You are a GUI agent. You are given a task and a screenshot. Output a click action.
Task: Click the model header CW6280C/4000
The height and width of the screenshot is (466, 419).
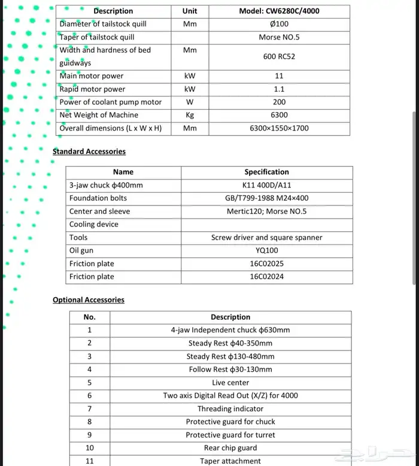[x=278, y=11]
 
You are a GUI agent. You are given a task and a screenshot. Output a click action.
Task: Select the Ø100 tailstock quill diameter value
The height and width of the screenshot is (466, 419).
[x=279, y=24]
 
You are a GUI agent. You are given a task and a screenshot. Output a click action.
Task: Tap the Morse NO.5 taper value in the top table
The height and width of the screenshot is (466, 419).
[x=279, y=37]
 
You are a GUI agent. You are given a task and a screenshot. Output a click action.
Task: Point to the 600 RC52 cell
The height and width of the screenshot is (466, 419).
[x=279, y=57]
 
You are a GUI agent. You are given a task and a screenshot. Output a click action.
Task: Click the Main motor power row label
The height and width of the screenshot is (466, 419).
[x=92, y=76]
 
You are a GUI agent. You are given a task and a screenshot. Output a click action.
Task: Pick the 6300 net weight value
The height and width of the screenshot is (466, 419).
[x=279, y=115]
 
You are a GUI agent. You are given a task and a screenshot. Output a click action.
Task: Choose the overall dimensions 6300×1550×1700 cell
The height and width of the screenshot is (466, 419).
[x=279, y=128]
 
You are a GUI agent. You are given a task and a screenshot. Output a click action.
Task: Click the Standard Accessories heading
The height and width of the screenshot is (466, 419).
[x=89, y=152]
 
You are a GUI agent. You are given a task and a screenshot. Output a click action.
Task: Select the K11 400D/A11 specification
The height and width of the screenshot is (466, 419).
[x=266, y=185]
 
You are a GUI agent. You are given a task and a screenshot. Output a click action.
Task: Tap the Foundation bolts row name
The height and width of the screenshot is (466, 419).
[x=98, y=198]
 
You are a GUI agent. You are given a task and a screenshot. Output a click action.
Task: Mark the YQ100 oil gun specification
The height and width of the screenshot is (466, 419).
[x=266, y=250]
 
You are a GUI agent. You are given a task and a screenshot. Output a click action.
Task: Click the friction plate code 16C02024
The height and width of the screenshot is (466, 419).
[x=266, y=277]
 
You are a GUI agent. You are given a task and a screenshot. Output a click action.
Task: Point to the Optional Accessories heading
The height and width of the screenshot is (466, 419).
[x=89, y=300]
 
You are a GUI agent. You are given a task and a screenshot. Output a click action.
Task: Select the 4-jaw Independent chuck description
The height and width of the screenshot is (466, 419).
[x=230, y=330]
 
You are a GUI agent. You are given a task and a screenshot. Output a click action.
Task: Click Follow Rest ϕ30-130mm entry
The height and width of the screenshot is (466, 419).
[x=230, y=370]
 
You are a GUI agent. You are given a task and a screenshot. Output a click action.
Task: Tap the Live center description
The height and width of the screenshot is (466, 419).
[x=230, y=383]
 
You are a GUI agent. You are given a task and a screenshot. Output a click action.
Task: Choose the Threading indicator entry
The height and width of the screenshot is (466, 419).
[x=230, y=408]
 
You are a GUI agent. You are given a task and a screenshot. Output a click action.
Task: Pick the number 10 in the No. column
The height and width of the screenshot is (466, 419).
[x=90, y=448]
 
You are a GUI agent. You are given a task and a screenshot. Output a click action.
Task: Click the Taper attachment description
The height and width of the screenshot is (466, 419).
[x=230, y=461]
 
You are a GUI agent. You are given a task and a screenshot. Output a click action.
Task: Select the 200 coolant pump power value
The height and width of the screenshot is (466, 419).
[x=279, y=102]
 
